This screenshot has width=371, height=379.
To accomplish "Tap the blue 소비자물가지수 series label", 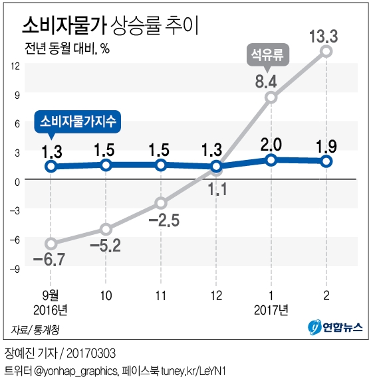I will [x=78, y=121].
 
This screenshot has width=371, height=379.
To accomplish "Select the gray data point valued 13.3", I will [x=326, y=51].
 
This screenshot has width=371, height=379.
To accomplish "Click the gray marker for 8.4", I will [x=271, y=98].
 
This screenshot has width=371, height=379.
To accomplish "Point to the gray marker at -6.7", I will [x=51, y=244].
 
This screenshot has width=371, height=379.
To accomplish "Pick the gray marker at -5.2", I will [x=106, y=229].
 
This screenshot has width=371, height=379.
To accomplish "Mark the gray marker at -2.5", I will [x=161, y=203].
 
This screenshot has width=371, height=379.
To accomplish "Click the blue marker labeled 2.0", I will [x=271, y=159].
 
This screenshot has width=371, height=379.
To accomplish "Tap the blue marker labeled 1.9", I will [x=326, y=161].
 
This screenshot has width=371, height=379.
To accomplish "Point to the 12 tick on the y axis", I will [x=15, y=65].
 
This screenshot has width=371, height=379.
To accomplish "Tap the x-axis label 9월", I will [x=51, y=294].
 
